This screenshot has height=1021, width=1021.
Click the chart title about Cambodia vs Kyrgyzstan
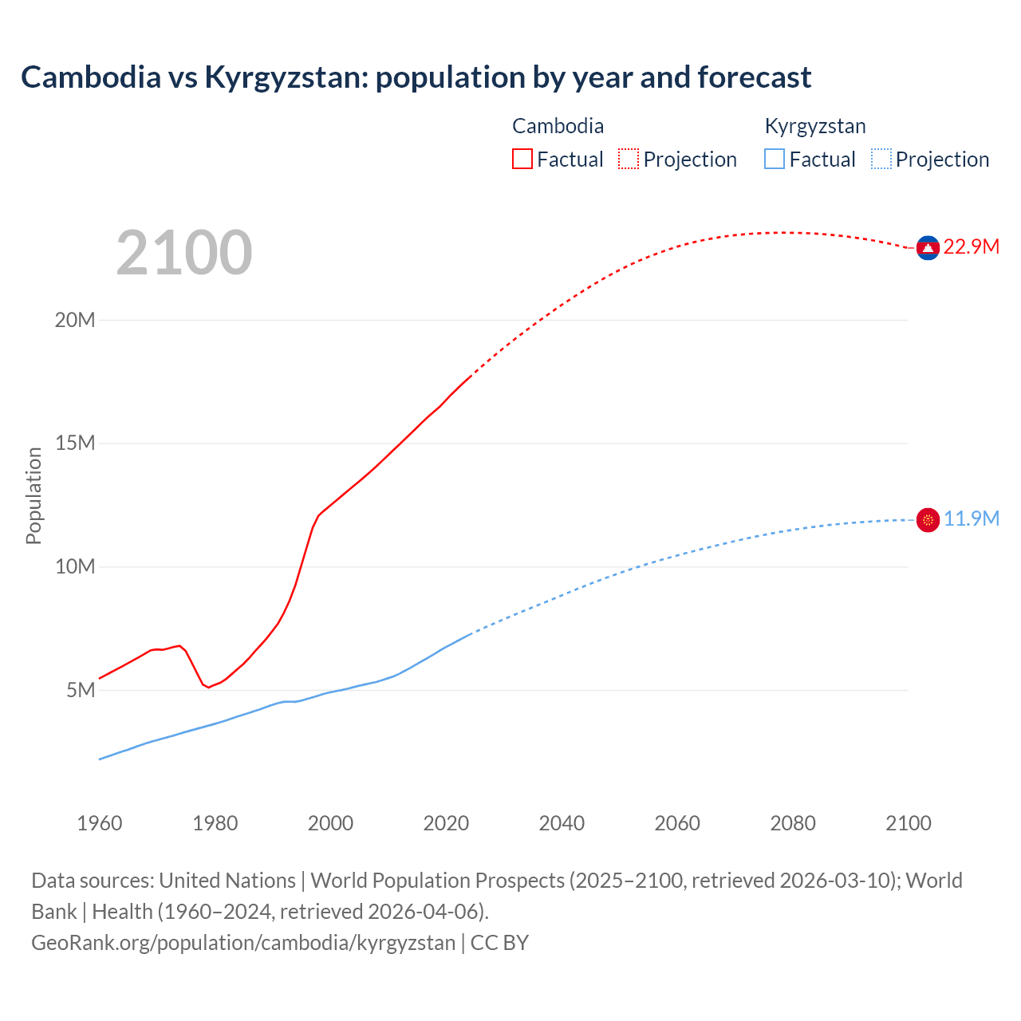tap(416, 77)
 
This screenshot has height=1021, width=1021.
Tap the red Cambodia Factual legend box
tap(522, 159)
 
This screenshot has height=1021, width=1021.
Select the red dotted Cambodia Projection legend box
tap(629, 159)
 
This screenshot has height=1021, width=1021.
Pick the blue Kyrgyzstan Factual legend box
tap(775, 159)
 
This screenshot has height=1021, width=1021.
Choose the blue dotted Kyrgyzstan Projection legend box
tap(881, 159)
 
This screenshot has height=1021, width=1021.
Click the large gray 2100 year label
tap(184, 253)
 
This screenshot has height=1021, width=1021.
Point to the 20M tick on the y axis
tap(75, 320)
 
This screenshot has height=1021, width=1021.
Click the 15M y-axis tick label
tap(75, 443)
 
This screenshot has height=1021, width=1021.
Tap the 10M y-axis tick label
tap(75, 566)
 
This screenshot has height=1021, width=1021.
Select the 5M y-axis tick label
tap(81, 690)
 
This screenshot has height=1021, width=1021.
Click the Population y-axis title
tap(34, 495)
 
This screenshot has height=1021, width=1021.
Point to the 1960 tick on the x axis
tap(100, 823)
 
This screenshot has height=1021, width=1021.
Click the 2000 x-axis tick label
tap(330, 823)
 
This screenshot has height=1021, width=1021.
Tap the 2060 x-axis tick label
tap(677, 823)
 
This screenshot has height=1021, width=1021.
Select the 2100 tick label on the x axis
tap(909, 823)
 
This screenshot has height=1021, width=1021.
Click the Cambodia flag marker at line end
tap(928, 248)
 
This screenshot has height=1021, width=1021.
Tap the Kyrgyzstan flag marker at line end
tap(928, 520)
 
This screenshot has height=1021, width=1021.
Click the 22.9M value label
tap(971, 247)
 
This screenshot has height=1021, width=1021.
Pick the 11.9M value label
tap(971, 519)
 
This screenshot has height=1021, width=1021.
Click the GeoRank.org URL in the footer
tap(243, 943)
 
